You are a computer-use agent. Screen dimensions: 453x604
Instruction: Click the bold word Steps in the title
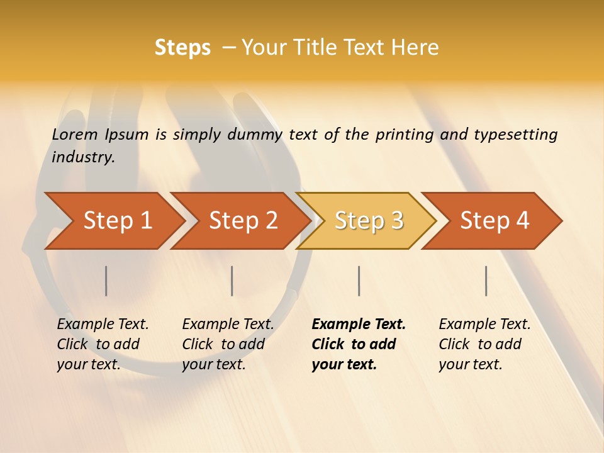pos(182,48)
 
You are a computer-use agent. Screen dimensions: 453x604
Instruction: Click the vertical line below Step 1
pos(106,281)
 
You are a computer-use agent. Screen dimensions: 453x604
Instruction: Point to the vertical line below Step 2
pos(232,281)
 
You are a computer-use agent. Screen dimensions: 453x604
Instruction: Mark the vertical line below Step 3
pos(359,281)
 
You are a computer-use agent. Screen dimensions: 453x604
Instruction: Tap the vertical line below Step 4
pos(486,281)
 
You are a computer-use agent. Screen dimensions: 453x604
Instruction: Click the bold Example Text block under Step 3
pos(359,344)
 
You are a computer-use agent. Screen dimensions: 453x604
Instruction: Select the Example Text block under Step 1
pos(103,344)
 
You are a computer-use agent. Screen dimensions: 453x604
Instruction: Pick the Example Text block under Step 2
pos(228,344)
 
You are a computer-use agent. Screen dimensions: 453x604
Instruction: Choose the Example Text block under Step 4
pos(484,344)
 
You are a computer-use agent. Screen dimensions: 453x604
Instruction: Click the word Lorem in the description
pos(75,135)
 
